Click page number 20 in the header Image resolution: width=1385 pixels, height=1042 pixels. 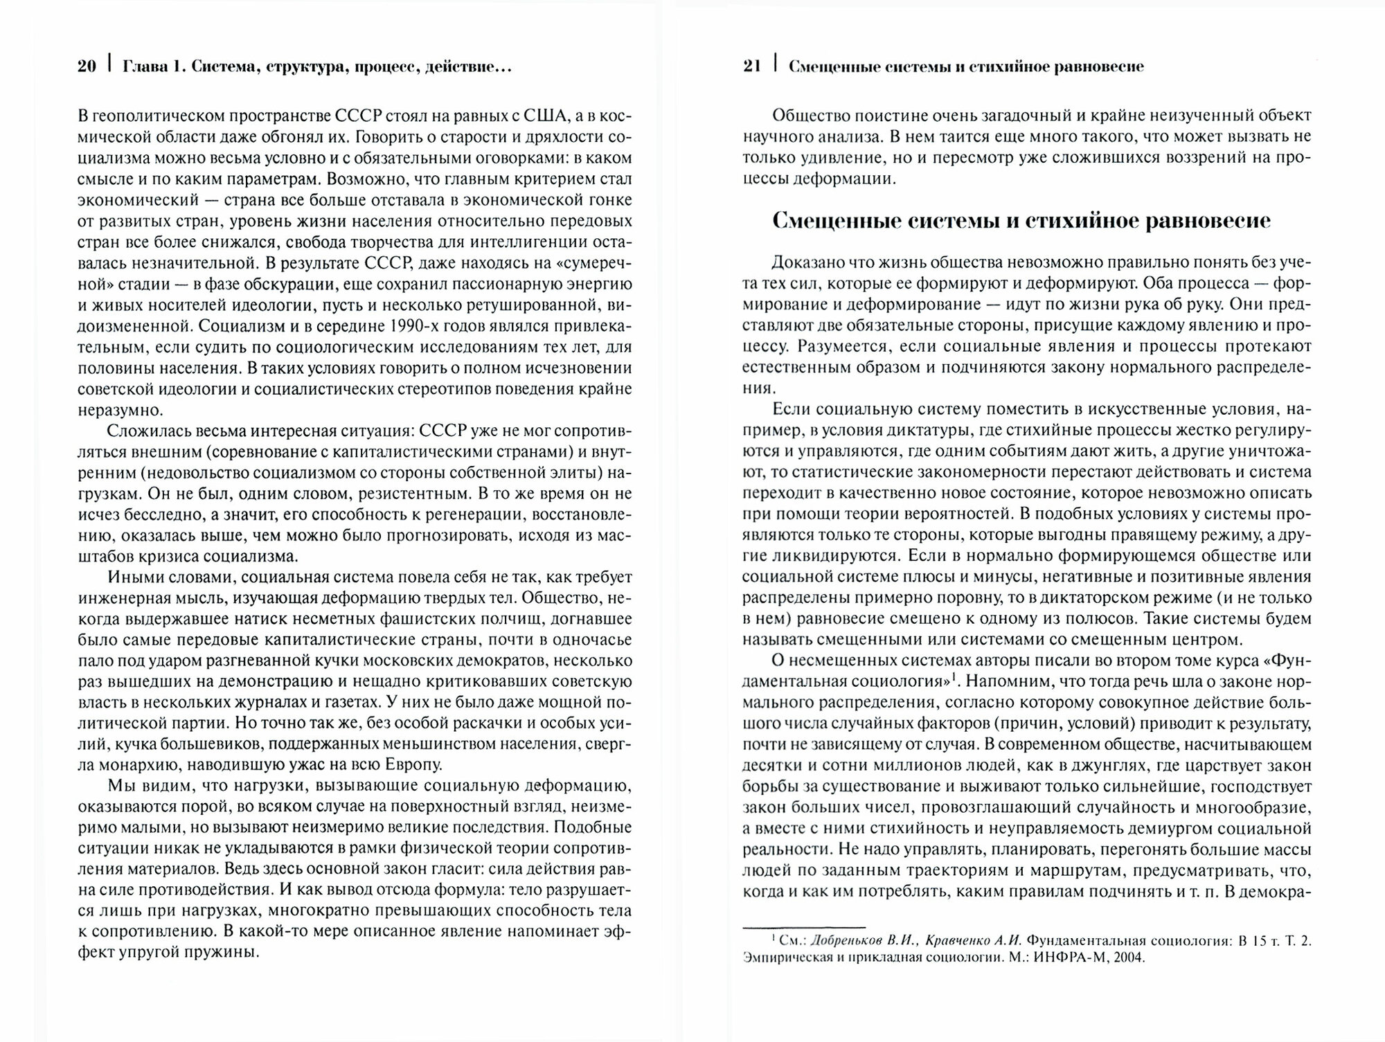coord(87,67)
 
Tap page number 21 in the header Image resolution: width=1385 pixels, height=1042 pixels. coord(752,67)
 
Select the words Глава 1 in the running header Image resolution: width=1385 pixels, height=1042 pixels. coord(152,67)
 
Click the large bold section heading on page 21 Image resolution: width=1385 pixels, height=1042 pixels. coord(1021,221)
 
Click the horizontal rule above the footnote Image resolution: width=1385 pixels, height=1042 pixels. coord(804,927)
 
